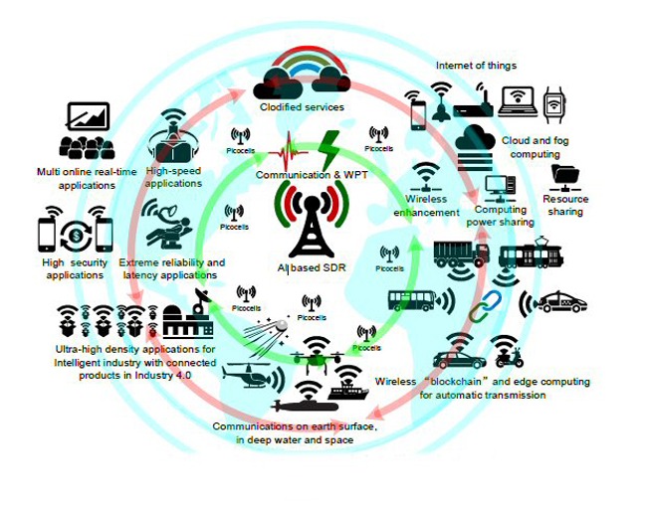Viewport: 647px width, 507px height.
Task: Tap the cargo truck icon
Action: point(461,255)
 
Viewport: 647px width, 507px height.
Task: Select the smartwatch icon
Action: point(554,101)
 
